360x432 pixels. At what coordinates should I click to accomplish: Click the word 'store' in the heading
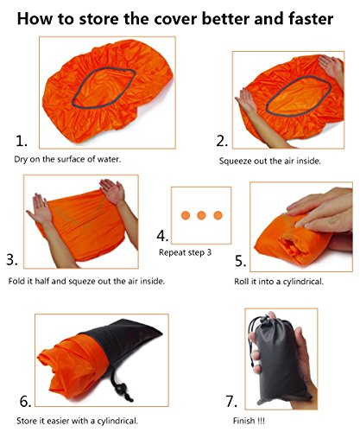click(x=98, y=19)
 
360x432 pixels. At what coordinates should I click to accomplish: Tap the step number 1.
click(x=21, y=141)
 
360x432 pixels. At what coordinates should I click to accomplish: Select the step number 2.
click(x=222, y=141)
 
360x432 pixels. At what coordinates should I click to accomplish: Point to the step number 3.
click(x=12, y=259)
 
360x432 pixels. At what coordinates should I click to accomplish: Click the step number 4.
click(x=162, y=236)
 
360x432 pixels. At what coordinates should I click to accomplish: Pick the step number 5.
click(x=240, y=261)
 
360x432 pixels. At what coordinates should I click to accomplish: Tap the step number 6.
click(x=25, y=401)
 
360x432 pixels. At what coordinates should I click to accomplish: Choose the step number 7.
click(x=231, y=401)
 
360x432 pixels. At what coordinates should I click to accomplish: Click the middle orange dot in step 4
click(x=201, y=215)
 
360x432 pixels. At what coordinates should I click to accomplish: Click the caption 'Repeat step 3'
click(x=185, y=252)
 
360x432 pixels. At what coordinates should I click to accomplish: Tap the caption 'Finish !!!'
click(x=249, y=421)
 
